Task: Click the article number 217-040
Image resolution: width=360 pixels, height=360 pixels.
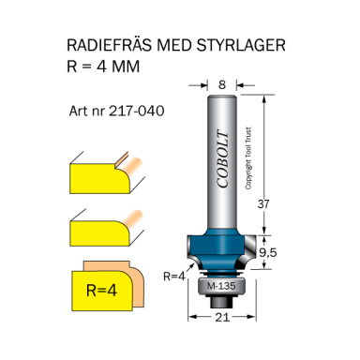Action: (x=137, y=110)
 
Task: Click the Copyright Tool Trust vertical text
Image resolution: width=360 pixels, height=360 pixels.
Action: (x=248, y=156)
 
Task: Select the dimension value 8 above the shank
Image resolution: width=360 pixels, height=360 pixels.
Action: (x=221, y=83)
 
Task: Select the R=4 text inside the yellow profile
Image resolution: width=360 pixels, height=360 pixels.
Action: (x=99, y=290)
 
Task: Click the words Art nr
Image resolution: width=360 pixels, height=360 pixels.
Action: (x=87, y=110)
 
